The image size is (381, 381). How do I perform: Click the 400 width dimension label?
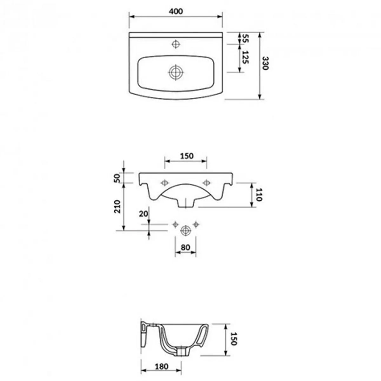tap(176, 11)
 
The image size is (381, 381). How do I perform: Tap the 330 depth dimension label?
tap(265, 63)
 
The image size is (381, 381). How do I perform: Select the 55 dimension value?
tap(245, 38)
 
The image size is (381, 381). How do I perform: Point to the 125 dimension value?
tap(245, 57)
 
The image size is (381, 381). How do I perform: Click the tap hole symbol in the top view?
tap(176, 44)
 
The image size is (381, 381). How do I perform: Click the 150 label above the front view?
tap(187, 156)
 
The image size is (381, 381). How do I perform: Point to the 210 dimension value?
tap(117, 207)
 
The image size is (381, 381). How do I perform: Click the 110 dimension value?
tap(258, 195)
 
